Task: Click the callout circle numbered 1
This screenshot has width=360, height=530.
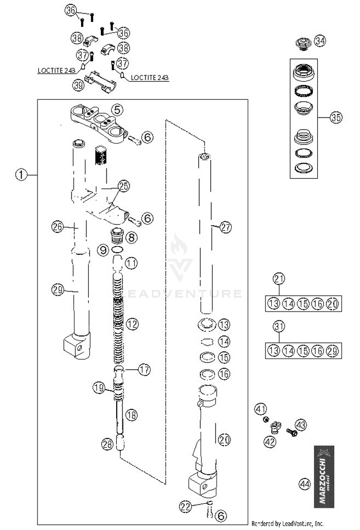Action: (21, 175)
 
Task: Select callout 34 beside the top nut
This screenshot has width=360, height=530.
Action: (320, 42)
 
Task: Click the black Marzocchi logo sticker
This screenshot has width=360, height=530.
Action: (324, 477)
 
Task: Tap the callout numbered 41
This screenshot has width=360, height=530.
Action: (260, 410)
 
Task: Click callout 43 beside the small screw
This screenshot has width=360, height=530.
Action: (300, 424)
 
